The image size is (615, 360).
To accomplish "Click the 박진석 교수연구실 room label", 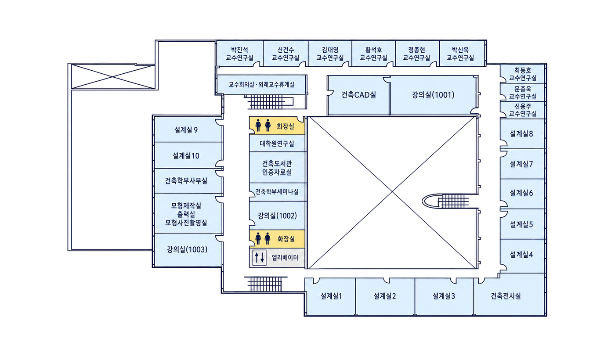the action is pyautogui.click(x=239, y=54).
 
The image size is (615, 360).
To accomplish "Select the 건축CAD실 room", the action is pyautogui.click(x=358, y=95).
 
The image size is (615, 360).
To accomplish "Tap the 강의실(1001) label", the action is pyautogui.click(x=433, y=95).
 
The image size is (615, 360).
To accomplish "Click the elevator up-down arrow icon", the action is pyautogui.click(x=259, y=257).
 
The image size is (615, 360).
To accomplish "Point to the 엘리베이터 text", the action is pyautogui.click(x=285, y=258).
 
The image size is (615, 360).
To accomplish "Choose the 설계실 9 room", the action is pyautogui.click(x=188, y=130).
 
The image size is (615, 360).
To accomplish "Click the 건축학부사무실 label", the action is pyautogui.click(x=186, y=181).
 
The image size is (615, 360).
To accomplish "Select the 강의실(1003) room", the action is pyautogui.click(x=188, y=250).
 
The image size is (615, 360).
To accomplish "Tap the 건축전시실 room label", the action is pyautogui.click(x=506, y=296).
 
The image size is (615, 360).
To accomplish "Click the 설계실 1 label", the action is pyautogui.click(x=331, y=296).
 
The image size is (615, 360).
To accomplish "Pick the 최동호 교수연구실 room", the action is pyautogui.click(x=522, y=74).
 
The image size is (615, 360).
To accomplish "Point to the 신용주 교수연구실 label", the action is pyautogui.click(x=522, y=110).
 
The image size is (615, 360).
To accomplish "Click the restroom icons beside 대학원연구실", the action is pyautogui.click(x=263, y=126).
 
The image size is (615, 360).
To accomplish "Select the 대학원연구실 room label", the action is pyautogui.click(x=277, y=144).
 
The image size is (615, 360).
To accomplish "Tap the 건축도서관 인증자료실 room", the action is pyautogui.click(x=277, y=167).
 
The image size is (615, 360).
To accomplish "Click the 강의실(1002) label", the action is pyautogui.click(x=277, y=216).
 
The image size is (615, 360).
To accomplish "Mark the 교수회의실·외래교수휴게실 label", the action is pyautogui.click(x=261, y=84).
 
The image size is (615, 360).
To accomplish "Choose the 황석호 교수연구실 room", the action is pyautogui.click(x=373, y=54).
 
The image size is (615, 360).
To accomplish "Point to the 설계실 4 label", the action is pyautogui.click(x=521, y=255).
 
